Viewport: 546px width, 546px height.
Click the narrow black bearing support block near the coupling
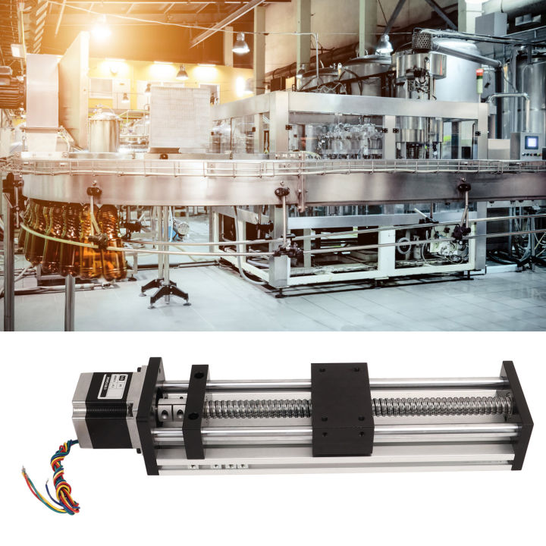(x=195, y=410)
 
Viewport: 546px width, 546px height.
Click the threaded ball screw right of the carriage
(x=440, y=406)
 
